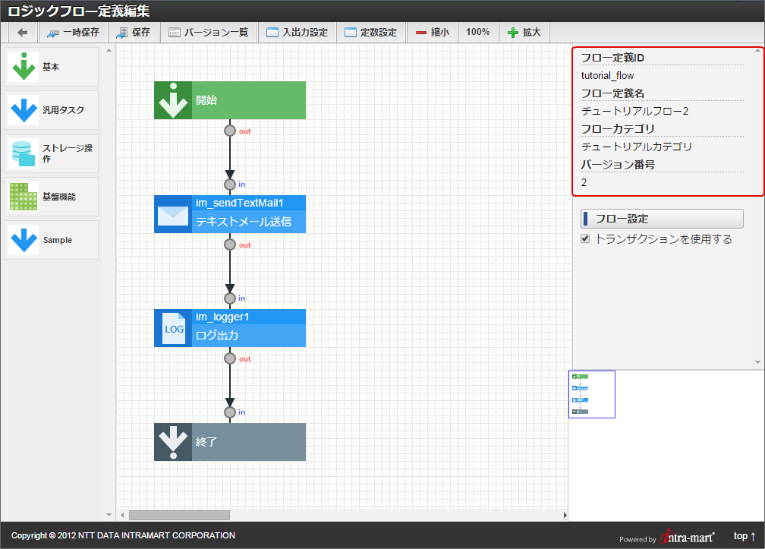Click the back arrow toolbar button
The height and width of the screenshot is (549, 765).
(23, 33)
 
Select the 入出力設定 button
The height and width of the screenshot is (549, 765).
(297, 33)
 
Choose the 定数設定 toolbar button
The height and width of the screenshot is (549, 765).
(370, 33)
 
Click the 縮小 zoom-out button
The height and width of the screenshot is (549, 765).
(432, 33)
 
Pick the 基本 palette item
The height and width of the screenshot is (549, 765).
(52, 67)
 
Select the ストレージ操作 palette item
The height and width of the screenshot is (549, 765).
(52, 153)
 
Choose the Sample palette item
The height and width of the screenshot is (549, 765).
(52, 240)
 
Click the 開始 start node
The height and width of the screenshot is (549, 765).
(230, 100)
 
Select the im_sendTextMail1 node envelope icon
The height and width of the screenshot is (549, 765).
(173, 214)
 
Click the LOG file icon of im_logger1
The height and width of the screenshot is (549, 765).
(174, 329)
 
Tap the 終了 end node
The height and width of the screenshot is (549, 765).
(230, 442)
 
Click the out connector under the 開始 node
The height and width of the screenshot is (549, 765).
(230, 131)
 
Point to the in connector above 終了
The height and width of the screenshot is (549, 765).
(230, 412)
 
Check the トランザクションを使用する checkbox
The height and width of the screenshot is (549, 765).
(585, 239)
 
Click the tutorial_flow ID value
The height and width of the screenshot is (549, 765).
(608, 76)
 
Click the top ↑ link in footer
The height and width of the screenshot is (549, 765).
(744, 536)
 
